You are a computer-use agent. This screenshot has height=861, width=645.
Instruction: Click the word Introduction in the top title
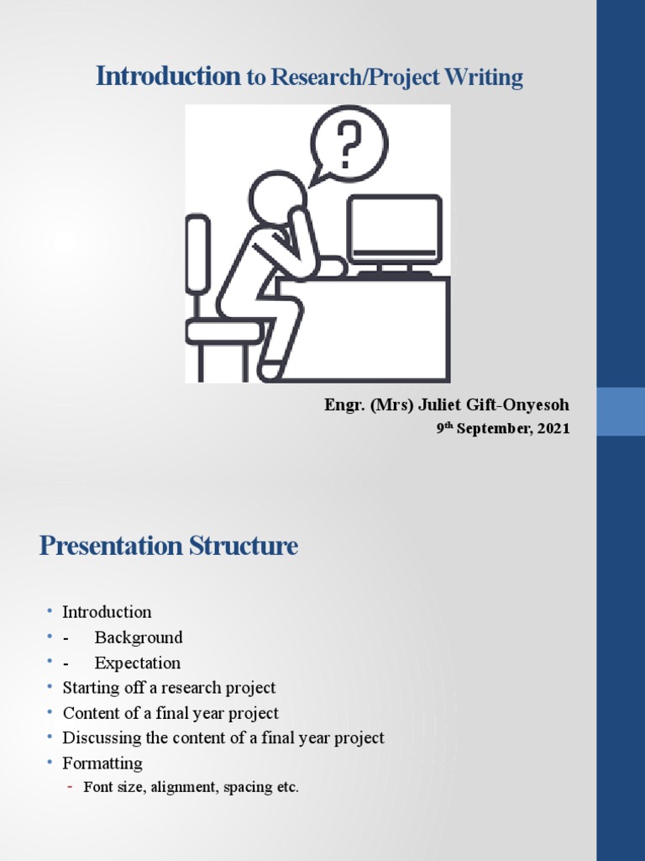(168, 77)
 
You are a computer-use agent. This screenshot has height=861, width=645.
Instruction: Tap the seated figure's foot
(271, 370)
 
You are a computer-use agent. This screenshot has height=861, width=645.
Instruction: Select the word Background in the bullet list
(139, 637)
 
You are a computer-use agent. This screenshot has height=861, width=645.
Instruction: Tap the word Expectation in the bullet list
(137, 663)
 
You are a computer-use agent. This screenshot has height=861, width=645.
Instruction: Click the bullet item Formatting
(102, 763)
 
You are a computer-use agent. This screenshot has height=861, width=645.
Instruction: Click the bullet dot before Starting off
(50, 688)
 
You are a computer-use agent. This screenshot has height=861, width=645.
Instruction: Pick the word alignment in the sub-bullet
(181, 788)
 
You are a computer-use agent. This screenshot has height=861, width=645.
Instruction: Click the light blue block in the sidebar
(621, 411)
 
